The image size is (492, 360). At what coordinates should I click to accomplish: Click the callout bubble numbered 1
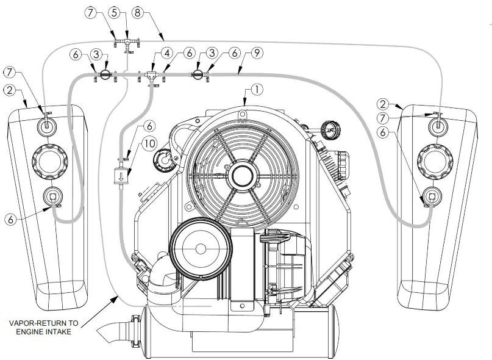coord(257,89)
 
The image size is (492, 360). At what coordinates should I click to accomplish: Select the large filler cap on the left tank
coord(47,160)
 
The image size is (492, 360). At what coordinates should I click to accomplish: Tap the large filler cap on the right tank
coord(434,161)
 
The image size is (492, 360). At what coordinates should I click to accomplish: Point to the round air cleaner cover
coord(199,248)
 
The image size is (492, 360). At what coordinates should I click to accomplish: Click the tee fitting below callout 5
coord(126,42)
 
